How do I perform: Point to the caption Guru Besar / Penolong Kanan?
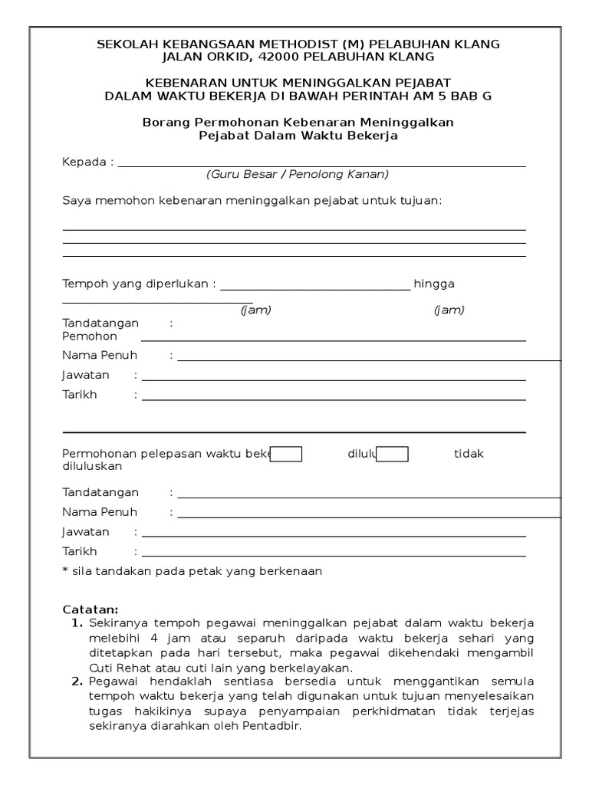297,174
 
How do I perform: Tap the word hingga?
434,284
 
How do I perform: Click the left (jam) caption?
255,310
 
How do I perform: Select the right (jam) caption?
449,310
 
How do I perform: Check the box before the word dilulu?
287,454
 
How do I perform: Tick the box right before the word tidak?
393,454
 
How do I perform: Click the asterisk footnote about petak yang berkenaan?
192,571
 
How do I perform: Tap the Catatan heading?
90,609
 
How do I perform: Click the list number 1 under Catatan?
77,622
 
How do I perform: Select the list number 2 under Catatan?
77,681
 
